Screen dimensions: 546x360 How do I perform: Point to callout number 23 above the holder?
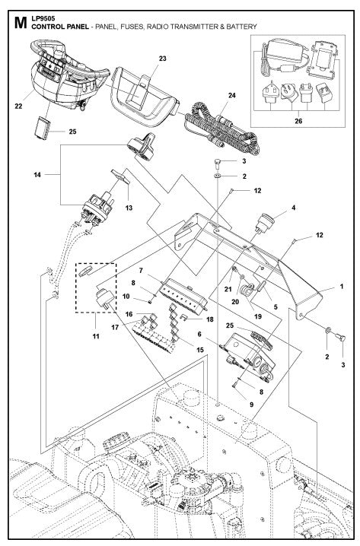[162, 59]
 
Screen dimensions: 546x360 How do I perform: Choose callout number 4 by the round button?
[293, 206]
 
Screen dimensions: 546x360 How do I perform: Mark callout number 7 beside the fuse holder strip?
[141, 270]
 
